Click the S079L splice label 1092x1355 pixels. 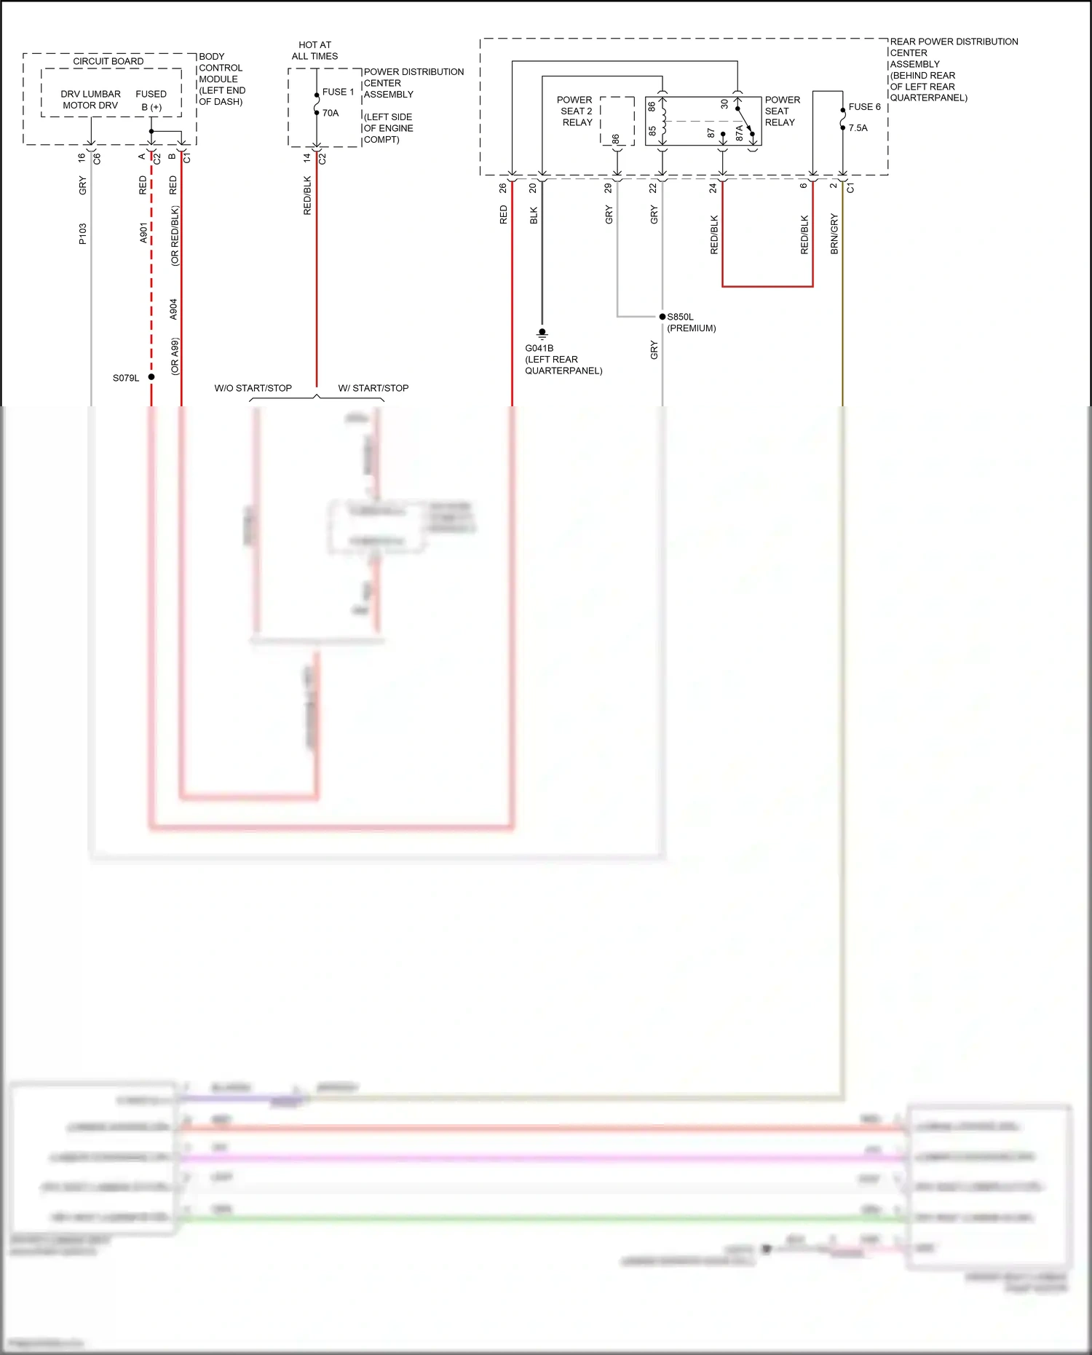(125, 378)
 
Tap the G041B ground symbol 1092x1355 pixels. (542, 333)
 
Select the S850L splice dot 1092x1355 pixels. (662, 317)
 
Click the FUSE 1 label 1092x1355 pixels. (338, 92)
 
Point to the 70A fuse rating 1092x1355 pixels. (331, 113)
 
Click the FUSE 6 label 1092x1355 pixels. (864, 106)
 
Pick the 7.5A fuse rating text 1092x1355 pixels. (858, 127)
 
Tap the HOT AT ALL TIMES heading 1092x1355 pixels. (314, 50)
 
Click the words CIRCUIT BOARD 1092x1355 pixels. (108, 61)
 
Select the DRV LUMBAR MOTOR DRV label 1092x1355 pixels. (90, 100)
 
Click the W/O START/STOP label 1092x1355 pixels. (253, 388)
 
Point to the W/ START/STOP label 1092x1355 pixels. (373, 388)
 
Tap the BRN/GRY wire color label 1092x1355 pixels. (834, 234)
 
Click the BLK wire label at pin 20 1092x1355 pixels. (534, 216)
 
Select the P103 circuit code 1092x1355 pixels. (82, 234)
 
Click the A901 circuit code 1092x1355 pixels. (143, 233)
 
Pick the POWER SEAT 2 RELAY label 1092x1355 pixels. (576, 111)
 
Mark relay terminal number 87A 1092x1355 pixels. (740, 133)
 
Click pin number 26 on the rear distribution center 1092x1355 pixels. (503, 188)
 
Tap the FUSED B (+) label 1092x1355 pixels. (151, 100)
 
